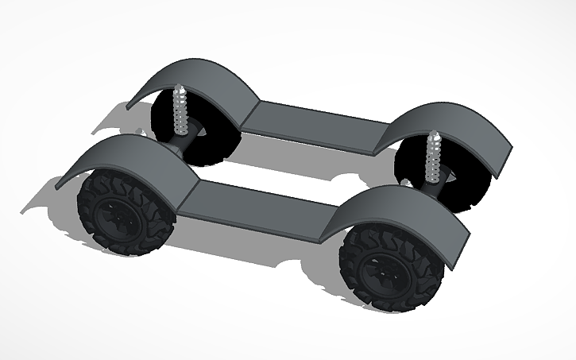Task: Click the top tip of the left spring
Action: point(180,87)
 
